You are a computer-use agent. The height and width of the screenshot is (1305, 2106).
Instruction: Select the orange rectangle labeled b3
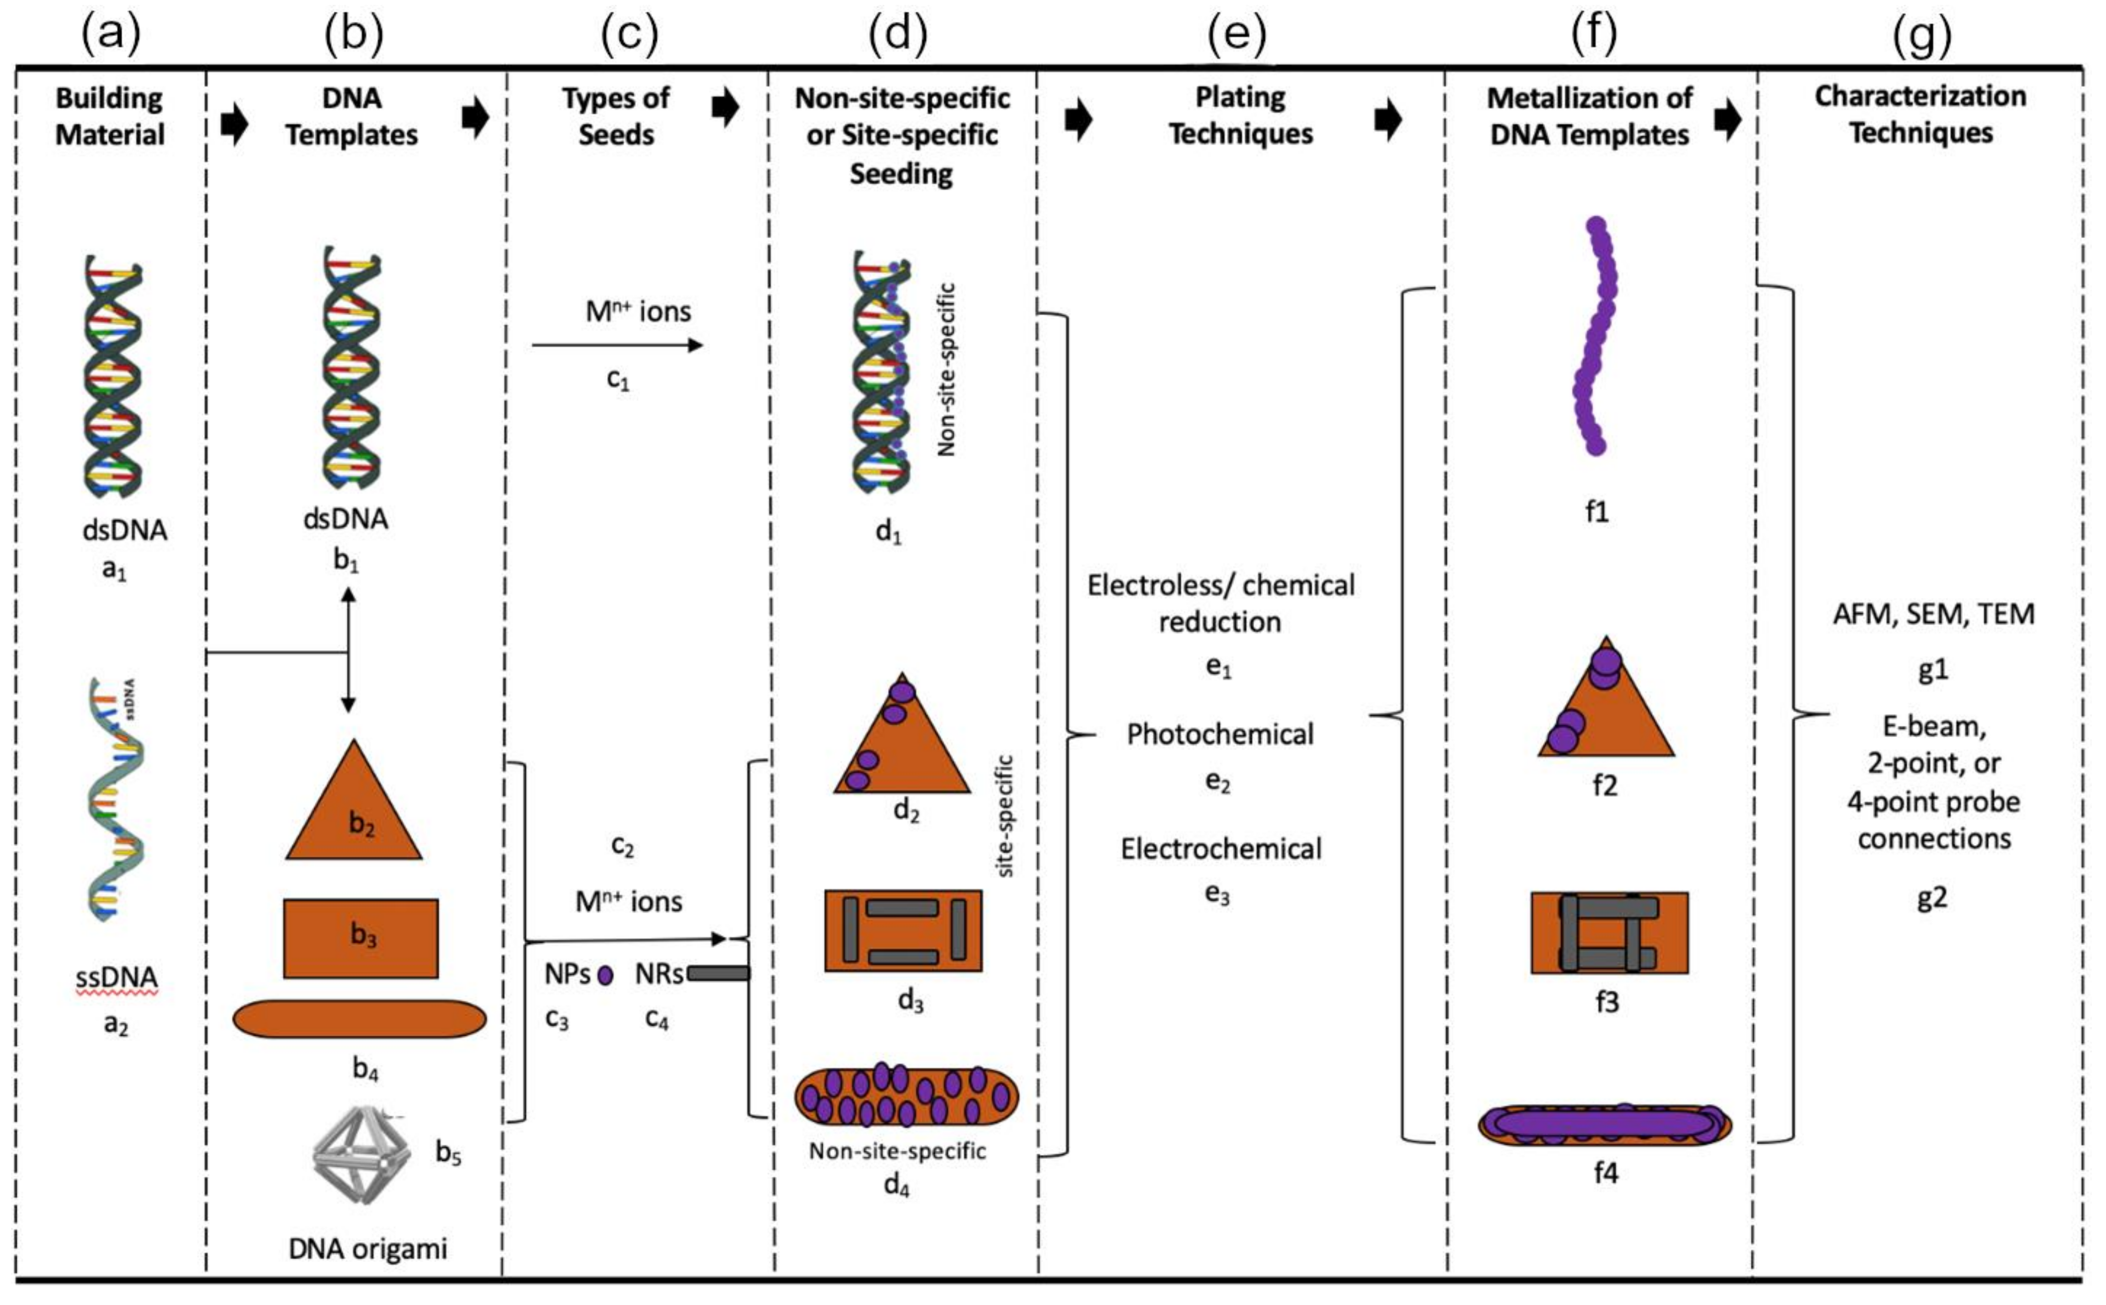point(361,938)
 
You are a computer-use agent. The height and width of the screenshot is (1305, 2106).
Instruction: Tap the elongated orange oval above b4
point(359,1019)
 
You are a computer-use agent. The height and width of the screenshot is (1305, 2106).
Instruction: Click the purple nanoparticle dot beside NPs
point(606,975)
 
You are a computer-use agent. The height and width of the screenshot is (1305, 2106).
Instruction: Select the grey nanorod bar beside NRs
point(718,974)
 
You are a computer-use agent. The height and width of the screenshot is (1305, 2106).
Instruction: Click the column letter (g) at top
point(1921,35)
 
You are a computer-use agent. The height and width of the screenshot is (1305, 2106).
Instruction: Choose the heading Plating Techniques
point(1240,115)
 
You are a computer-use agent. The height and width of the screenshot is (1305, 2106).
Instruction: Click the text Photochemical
point(1220,735)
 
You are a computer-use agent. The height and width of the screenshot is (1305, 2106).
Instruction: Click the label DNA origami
point(368,1249)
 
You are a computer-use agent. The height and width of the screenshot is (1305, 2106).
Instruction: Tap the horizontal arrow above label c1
point(617,345)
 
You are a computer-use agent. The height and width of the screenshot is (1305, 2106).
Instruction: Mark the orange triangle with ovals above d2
point(902,742)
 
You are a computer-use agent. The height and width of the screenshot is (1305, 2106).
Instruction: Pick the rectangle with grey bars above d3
point(903,930)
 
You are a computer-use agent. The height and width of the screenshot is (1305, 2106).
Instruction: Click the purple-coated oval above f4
point(1604,1124)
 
